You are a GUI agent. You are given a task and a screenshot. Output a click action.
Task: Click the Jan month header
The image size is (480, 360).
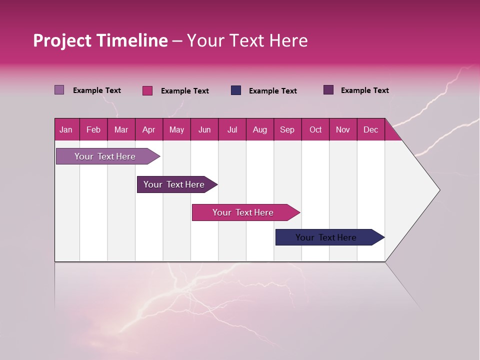point(66,129)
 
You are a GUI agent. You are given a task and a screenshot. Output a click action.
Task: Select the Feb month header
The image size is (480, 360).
point(93,129)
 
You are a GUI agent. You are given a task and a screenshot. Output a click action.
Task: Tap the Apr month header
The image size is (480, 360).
point(148,129)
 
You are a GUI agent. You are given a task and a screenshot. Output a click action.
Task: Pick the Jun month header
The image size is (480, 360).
point(204,129)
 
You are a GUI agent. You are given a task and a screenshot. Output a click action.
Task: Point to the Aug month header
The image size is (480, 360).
point(259,129)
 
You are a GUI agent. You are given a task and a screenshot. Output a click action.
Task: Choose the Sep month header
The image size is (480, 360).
point(287,129)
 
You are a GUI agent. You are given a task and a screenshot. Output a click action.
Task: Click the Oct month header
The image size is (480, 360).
point(315,129)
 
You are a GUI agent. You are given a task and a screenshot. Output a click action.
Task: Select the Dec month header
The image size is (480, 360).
point(370,129)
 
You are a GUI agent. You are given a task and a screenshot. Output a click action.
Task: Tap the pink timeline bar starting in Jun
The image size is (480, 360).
point(243,212)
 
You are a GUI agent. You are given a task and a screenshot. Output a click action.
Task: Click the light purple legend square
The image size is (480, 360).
point(59,90)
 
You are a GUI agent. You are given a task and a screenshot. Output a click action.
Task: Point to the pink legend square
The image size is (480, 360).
point(147,90)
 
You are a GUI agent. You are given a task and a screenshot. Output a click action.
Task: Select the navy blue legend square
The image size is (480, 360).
point(236,90)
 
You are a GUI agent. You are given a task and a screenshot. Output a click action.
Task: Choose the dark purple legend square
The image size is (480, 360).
point(328,90)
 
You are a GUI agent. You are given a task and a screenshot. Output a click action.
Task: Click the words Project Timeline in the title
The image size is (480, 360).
point(100,40)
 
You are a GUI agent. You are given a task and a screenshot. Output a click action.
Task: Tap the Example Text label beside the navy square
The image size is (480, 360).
point(273,91)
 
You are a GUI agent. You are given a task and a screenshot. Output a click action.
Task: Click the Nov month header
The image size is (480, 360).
point(343,129)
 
